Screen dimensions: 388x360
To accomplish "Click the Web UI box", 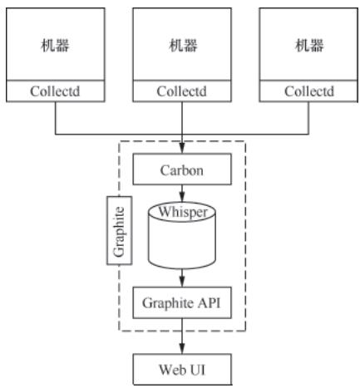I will pos(180,368).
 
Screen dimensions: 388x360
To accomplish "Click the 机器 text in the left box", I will pos(55,45).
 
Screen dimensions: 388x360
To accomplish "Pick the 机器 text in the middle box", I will pos(180,45).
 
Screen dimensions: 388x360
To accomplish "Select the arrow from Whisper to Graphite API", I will pos(180,277).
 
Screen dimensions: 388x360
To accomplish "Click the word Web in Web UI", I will pos(170,368).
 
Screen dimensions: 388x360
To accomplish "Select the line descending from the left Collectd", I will pos(55,118).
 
